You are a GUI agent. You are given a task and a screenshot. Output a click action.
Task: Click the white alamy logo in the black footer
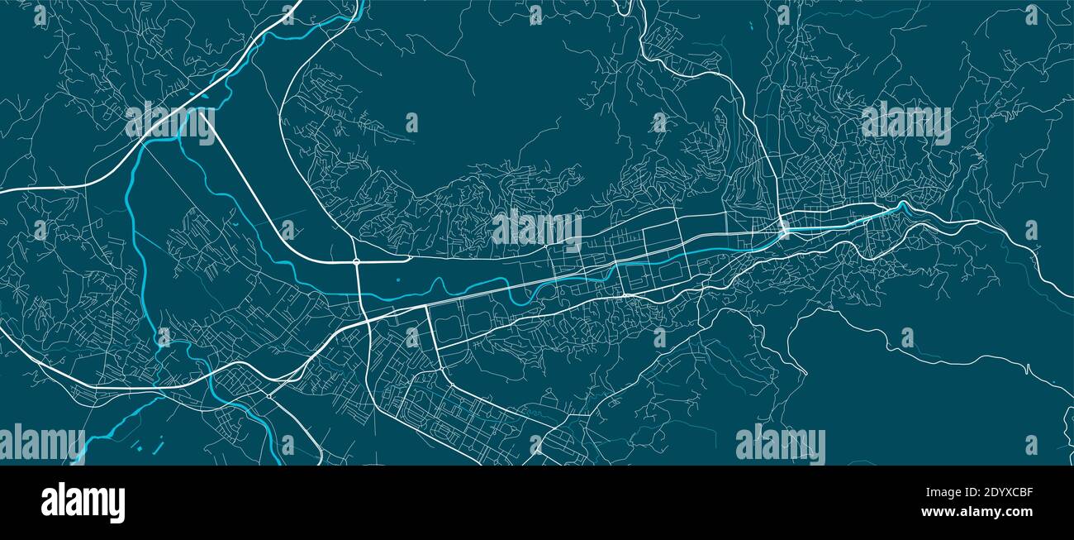tap(83, 502)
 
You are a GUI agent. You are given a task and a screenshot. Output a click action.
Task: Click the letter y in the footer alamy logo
tap(117, 505)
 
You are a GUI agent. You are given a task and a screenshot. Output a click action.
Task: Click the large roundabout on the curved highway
tap(356, 262)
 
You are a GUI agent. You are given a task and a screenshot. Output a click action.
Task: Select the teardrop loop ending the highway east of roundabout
tap(407, 257)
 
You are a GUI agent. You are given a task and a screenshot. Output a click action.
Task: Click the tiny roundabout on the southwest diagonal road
tap(269, 396)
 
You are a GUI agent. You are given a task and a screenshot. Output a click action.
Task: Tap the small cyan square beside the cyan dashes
tap(139, 447)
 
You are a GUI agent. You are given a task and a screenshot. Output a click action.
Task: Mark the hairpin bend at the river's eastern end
tap(903, 203)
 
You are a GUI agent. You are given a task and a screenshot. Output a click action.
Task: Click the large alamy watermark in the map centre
tap(537, 230)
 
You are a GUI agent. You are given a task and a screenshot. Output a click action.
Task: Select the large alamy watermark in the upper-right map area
tap(905, 122)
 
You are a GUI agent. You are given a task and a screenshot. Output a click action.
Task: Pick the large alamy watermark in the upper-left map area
tap(170, 122)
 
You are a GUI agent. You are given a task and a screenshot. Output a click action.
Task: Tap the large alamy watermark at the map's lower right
tap(780, 444)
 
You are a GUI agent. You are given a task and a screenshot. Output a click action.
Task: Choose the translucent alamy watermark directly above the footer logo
tap(41, 444)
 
